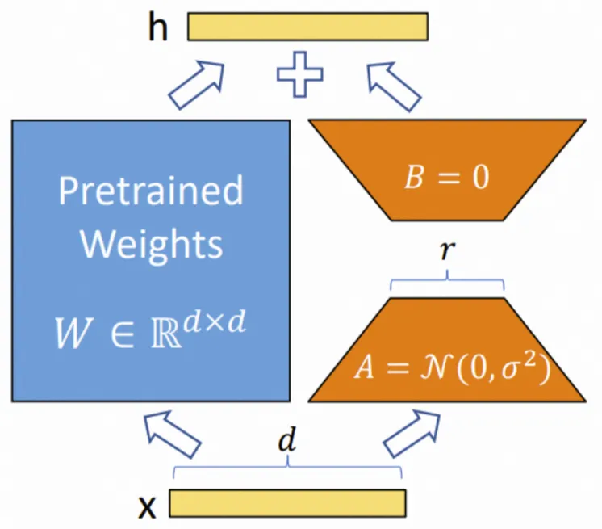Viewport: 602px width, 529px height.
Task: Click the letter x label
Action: click(x=148, y=506)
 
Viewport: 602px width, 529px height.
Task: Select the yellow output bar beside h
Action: click(x=307, y=26)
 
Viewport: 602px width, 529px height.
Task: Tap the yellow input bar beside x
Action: click(x=287, y=502)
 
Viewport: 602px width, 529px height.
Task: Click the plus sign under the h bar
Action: click(x=299, y=74)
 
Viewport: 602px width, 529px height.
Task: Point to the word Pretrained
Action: click(x=151, y=191)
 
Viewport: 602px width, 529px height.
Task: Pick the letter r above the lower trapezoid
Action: click(x=447, y=251)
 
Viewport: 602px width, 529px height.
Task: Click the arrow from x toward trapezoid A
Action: click(x=412, y=434)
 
